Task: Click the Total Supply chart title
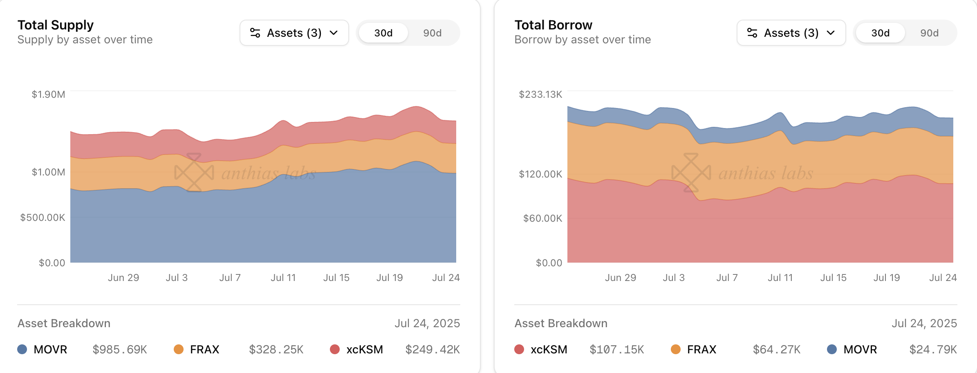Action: (x=56, y=25)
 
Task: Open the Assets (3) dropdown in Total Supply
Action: (x=294, y=33)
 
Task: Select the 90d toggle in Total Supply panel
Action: (x=432, y=33)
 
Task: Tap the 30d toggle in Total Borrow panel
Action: (x=880, y=33)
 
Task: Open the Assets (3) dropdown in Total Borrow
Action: (x=791, y=33)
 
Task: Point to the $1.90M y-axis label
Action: (x=48, y=94)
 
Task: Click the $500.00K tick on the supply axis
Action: (x=43, y=217)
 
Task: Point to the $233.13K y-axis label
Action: (x=540, y=94)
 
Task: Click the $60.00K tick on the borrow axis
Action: (x=542, y=218)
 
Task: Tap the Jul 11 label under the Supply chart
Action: (x=283, y=278)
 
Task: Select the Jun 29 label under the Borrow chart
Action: (x=620, y=278)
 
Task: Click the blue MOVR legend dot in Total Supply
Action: (x=22, y=349)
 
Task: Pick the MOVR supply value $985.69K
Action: (x=120, y=349)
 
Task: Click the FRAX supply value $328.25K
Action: (x=276, y=349)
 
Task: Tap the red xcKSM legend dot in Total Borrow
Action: (x=519, y=349)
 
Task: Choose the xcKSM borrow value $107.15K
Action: (x=616, y=349)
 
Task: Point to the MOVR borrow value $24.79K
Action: (x=933, y=349)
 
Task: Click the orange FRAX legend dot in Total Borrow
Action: (x=676, y=349)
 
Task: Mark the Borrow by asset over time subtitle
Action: (x=583, y=40)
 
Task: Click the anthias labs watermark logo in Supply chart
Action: (x=194, y=173)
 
